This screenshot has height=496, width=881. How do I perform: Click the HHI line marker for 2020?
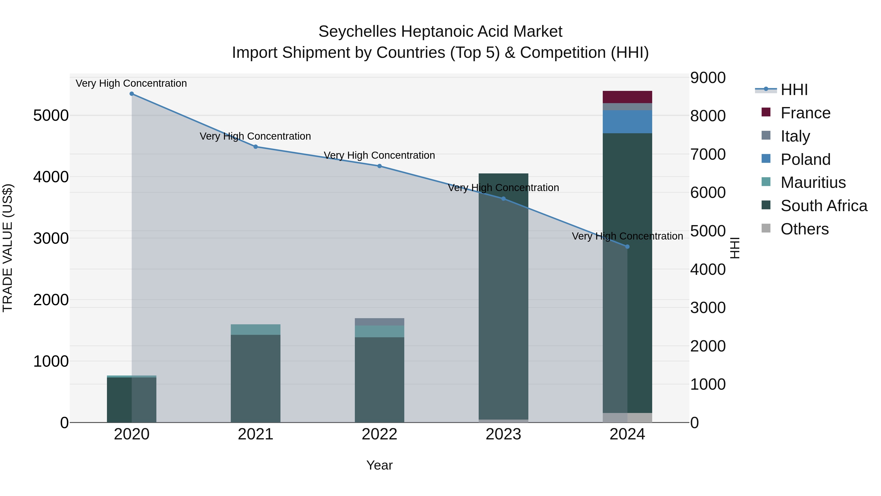(132, 94)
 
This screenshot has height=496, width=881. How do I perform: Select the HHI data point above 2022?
(379, 166)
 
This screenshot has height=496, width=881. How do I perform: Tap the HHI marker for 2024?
(627, 246)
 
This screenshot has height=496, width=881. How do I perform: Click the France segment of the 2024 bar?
(627, 97)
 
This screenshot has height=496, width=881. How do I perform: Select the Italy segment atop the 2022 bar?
(379, 322)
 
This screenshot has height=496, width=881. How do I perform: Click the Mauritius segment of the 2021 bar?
(255, 329)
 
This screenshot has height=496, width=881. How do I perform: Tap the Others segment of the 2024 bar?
(627, 417)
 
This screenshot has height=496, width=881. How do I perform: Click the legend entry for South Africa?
(823, 206)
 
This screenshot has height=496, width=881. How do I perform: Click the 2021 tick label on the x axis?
(255, 434)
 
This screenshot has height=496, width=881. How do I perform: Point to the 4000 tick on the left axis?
(51, 177)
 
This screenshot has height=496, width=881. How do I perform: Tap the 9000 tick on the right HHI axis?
(707, 78)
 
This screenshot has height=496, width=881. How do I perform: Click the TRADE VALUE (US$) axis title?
(8, 248)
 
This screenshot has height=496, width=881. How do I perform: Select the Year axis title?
(379, 465)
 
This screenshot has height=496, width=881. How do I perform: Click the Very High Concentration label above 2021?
(255, 136)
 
